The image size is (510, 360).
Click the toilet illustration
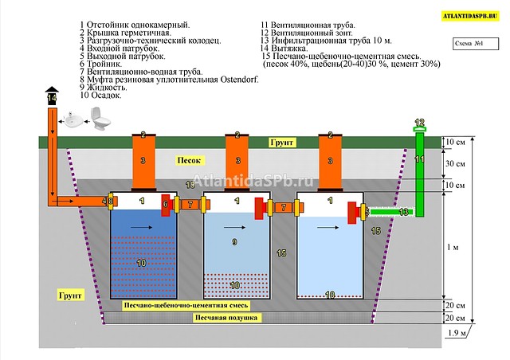click(x=100, y=119)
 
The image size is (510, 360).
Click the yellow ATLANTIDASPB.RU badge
click(x=470, y=16)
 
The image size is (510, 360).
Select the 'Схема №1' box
click(x=476, y=44)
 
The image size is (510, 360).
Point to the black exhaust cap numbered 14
click(x=52, y=96)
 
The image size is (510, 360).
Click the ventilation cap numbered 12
click(x=420, y=125)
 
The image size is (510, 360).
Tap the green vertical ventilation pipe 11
click(x=420, y=174)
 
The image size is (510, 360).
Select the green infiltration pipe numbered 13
click(x=392, y=212)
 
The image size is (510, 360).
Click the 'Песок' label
click(x=190, y=160)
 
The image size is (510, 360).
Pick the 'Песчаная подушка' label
click(x=226, y=318)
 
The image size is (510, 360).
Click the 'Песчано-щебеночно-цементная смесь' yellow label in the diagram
click(x=186, y=305)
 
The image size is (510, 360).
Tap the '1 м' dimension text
click(x=453, y=247)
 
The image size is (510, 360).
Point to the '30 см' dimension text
click(x=455, y=163)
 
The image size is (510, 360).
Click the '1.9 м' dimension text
click(x=457, y=333)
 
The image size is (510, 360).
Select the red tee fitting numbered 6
click(x=166, y=205)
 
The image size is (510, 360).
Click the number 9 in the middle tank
click(x=234, y=242)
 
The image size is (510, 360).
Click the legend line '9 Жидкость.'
click(x=104, y=87)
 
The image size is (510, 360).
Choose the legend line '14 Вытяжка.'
click(x=284, y=49)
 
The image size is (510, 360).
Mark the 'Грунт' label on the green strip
click(x=281, y=142)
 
